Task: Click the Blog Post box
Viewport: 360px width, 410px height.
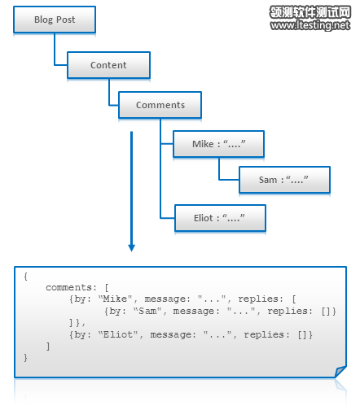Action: pyautogui.click(x=55, y=20)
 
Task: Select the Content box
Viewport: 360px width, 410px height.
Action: pyautogui.click(x=108, y=65)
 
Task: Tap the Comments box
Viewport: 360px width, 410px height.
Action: pyautogui.click(x=160, y=105)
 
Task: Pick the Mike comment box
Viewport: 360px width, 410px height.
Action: pyautogui.click(x=218, y=144)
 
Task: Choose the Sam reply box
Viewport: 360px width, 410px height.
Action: pyautogui.click(x=284, y=180)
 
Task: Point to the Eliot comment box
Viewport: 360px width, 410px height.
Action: pyautogui.click(x=220, y=218)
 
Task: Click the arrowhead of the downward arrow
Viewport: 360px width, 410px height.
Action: pyautogui.click(x=132, y=248)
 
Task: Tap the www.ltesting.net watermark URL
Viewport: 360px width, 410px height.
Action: pyautogui.click(x=310, y=25)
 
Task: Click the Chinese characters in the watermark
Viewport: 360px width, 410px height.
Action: pyautogui.click(x=310, y=12)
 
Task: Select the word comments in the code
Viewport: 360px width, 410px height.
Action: pyautogui.click(x=69, y=287)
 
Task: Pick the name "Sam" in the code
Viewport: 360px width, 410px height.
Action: pyautogui.click(x=147, y=311)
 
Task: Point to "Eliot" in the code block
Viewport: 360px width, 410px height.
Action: pyautogui.click(x=119, y=334)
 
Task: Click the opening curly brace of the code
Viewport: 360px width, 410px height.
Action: pyautogui.click(x=25, y=277)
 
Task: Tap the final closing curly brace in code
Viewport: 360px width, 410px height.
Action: pyautogui.click(x=25, y=358)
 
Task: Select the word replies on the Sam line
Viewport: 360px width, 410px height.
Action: pyautogui.click(x=288, y=311)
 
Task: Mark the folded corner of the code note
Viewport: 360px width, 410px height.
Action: pyautogui.click(x=340, y=372)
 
